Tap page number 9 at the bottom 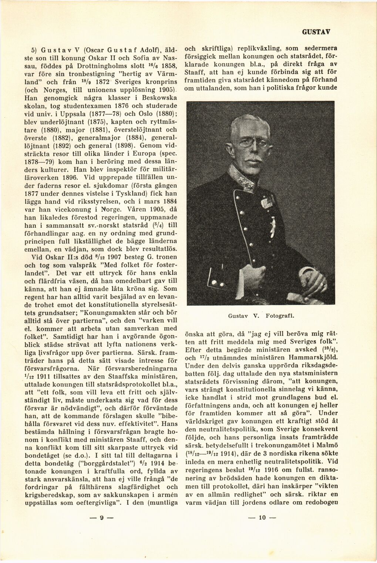(101, 528)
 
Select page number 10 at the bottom (262, 528)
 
